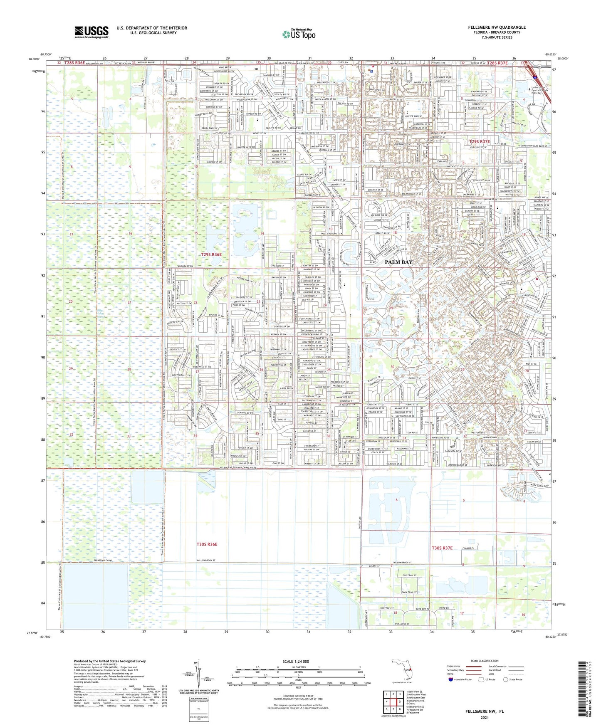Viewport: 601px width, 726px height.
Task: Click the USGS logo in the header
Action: point(91,32)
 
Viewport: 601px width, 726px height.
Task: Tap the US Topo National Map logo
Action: point(299,35)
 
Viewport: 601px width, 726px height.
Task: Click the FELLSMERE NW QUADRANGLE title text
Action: point(497,27)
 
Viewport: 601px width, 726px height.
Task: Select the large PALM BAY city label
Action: point(398,262)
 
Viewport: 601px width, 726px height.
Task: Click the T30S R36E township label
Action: point(206,544)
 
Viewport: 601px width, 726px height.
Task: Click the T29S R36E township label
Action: point(211,254)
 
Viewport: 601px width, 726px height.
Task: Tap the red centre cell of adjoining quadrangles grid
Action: point(392,700)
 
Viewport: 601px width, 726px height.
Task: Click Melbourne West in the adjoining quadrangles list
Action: point(416,694)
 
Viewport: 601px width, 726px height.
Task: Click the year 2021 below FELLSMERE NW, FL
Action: point(484,717)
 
